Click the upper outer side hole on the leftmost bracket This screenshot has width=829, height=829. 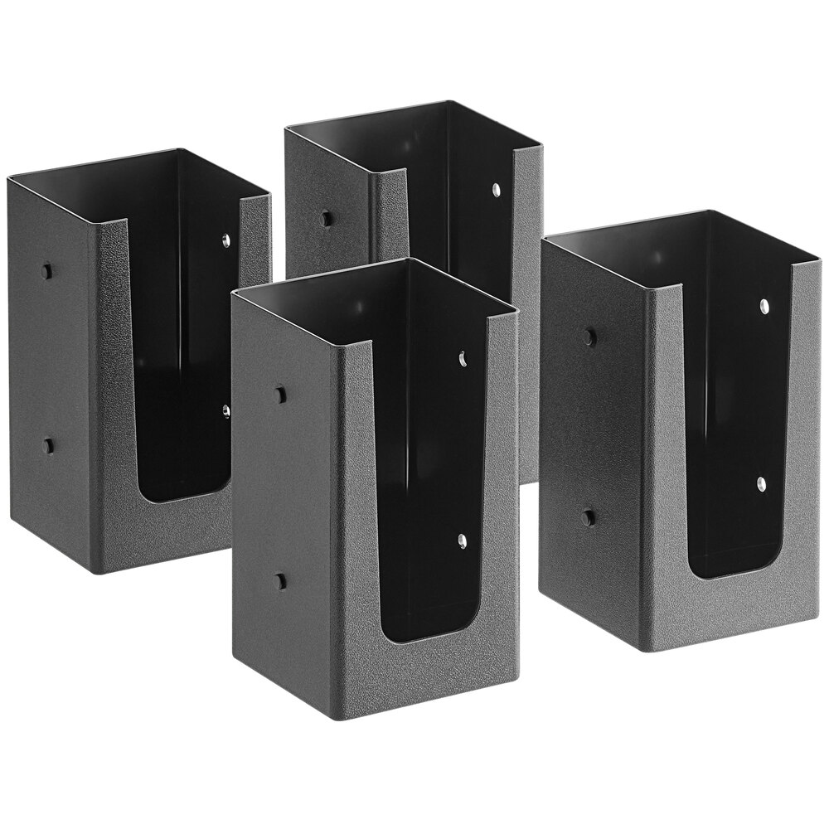click(x=47, y=271)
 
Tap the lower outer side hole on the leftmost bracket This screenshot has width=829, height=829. click(x=48, y=445)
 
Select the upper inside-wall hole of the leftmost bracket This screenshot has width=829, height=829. click(x=225, y=241)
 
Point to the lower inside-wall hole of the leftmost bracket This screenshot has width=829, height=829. click(x=225, y=410)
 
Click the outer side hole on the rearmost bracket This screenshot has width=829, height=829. click(x=327, y=219)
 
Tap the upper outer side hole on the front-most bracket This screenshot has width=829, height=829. click(x=280, y=394)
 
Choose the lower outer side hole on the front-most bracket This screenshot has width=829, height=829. click(x=280, y=581)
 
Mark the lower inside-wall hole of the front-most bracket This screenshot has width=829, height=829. click(x=463, y=541)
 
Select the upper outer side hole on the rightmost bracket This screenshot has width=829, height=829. click(x=589, y=337)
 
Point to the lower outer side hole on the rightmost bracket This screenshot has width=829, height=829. click(x=588, y=516)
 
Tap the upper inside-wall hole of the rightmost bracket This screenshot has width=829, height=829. click(x=763, y=308)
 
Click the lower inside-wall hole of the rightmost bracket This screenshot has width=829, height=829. click(x=761, y=484)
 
